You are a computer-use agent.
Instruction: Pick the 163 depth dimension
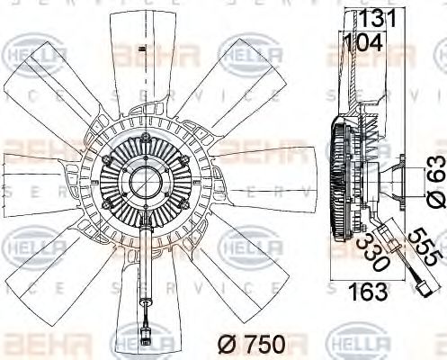coord(369,292)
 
